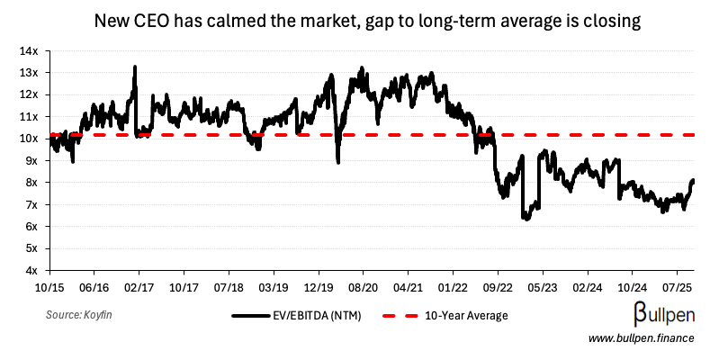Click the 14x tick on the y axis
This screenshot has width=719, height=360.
30,50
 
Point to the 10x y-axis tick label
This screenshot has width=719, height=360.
30,139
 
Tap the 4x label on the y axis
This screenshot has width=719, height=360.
32,270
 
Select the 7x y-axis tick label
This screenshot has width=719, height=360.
32,204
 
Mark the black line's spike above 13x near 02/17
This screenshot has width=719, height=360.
135,67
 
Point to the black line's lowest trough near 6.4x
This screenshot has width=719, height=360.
526,217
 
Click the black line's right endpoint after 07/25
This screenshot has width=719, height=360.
693,181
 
